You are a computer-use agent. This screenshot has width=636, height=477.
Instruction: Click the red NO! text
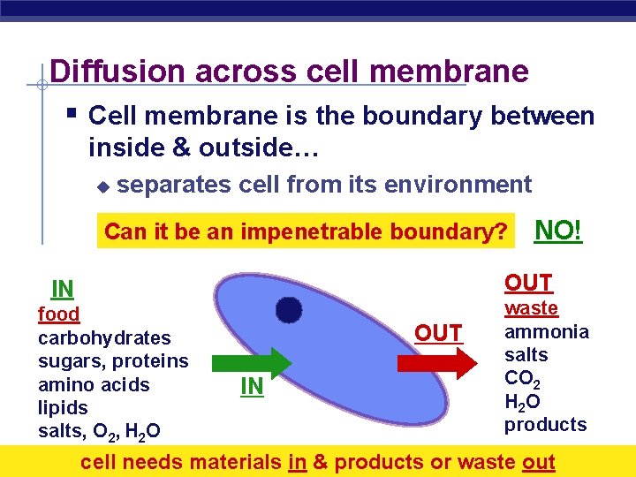click(558, 231)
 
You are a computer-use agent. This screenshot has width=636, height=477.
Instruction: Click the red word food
click(58, 314)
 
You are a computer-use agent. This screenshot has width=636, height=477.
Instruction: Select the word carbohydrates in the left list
click(104, 337)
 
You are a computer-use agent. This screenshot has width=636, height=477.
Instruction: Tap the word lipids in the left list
click(63, 408)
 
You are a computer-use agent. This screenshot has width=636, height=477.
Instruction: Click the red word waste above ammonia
click(531, 308)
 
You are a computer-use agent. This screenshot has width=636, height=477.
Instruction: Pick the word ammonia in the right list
click(546, 332)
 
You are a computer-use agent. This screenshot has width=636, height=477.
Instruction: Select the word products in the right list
click(545, 425)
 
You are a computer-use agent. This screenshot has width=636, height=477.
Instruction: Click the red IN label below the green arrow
click(252, 386)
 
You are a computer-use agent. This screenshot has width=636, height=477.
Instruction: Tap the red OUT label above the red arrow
click(438, 333)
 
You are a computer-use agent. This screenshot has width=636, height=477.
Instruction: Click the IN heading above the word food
click(62, 289)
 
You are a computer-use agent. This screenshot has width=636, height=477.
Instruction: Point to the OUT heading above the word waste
click(528, 283)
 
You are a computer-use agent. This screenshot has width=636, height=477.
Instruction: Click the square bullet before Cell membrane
click(72, 114)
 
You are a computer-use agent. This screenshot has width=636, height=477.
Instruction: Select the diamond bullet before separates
click(102, 186)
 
